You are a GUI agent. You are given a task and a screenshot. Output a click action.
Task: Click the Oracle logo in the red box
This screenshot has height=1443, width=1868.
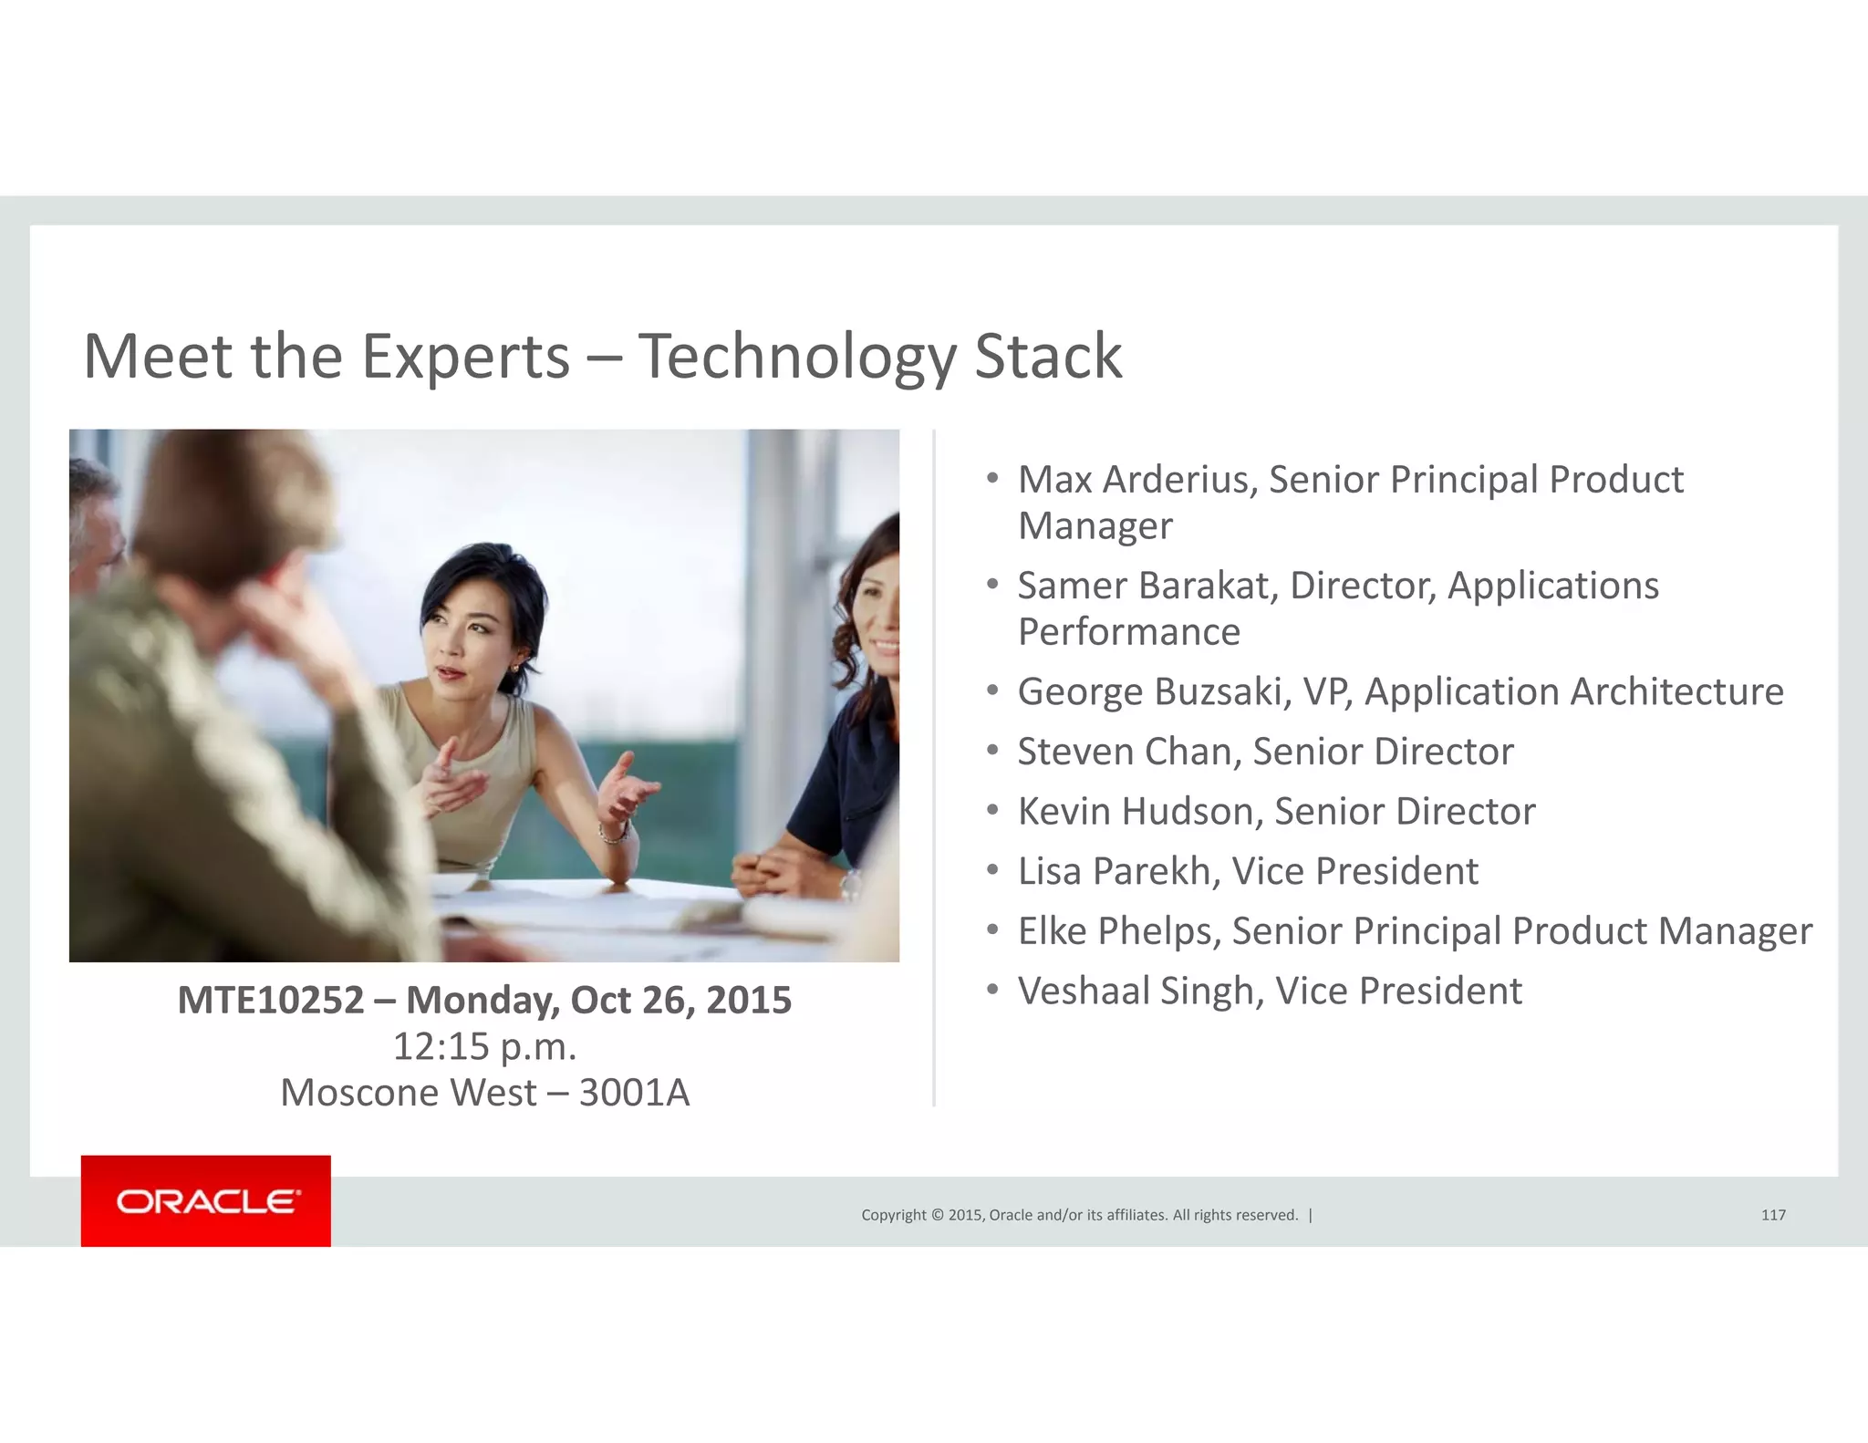(x=206, y=1201)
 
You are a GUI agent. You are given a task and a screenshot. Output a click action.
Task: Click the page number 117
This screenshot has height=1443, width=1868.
(x=1773, y=1215)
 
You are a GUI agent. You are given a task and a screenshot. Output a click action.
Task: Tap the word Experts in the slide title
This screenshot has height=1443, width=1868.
(x=465, y=357)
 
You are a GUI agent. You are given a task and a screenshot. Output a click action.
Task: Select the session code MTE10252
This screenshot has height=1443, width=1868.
(x=270, y=1000)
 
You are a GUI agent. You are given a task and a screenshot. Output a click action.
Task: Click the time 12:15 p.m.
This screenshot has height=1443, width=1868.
(x=484, y=1046)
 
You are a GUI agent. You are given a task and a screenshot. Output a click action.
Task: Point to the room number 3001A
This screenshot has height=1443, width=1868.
(x=634, y=1093)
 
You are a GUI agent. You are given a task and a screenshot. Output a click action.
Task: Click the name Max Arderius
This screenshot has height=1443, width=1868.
(x=1136, y=480)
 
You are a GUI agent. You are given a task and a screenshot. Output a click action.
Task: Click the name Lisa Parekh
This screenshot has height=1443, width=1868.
(x=1117, y=871)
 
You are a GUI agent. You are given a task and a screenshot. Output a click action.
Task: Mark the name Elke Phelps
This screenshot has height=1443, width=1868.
(x=1117, y=931)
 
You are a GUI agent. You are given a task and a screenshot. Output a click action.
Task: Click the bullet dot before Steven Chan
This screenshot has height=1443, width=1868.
(x=993, y=751)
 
